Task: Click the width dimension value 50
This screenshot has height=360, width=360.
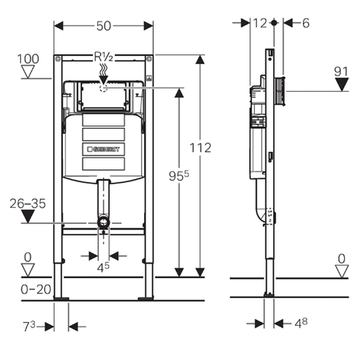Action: (104, 26)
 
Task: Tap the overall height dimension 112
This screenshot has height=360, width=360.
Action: (200, 148)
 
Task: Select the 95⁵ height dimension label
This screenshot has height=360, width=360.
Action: (179, 176)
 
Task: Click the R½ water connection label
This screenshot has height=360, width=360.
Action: (104, 57)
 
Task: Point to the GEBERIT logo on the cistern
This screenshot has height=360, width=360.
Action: (104, 149)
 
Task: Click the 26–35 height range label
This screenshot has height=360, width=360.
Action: (28, 203)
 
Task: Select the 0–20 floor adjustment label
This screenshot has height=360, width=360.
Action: (36, 289)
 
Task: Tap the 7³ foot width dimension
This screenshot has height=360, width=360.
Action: (29, 326)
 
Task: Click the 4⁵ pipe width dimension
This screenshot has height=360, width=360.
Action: (103, 267)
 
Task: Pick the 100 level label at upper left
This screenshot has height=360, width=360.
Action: (28, 59)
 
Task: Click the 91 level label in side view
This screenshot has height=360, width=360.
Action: (341, 72)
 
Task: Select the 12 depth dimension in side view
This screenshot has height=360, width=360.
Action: (260, 23)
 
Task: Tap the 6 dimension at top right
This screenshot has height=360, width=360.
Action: (306, 23)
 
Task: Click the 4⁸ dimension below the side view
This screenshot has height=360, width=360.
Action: (301, 323)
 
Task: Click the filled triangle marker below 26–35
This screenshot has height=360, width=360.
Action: (28, 216)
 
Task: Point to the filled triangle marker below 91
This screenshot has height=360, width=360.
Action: (342, 85)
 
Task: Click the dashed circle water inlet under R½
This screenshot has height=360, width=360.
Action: (104, 88)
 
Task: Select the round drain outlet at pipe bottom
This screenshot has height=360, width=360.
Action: (104, 222)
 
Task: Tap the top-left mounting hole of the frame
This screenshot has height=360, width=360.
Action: (58, 59)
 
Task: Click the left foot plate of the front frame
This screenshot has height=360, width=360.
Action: (61, 298)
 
